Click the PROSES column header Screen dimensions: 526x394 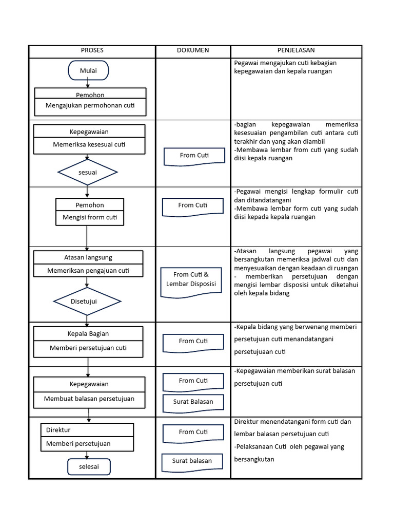click(92, 50)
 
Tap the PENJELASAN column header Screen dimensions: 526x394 click(296, 50)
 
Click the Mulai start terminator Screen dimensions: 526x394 click(88, 70)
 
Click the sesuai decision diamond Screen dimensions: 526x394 click(88, 173)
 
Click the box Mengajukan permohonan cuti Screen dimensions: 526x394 click(90, 106)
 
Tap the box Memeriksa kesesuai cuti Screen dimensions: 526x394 click(89, 145)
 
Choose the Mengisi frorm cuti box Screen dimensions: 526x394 click(90, 217)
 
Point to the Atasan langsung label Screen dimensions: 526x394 click(88, 257)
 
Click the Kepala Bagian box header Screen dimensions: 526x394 click(88, 334)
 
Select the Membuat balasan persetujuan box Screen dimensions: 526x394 click(89, 399)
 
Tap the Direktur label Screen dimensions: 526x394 click(58, 430)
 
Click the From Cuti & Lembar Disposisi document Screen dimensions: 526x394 click(191, 280)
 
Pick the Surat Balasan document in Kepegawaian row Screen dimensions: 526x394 click(193, 402)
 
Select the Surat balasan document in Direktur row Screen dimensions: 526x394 click(192, 461)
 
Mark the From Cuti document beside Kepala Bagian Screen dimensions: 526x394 click(193, 342)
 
